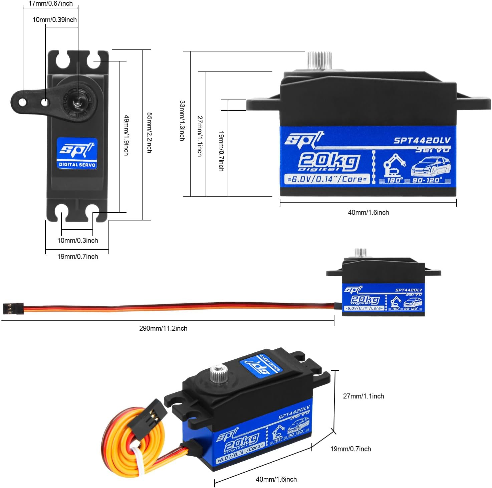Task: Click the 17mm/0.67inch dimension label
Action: click(x=50, y=4)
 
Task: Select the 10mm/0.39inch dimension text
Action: click(x=54, y=20)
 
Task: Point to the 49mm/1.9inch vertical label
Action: click(x=127, y=135)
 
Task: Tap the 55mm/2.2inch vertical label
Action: click(x=150, y=133)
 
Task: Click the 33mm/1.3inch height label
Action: click(x=182, y=121)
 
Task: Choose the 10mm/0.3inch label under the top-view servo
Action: click(x=77, y=240)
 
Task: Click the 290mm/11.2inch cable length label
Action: click(x=163, y=328)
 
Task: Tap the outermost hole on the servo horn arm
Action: click(x=22, y=102)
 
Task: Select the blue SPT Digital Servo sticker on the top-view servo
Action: click(x=77, y=153)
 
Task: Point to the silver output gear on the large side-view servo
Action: click(x=319, y=60)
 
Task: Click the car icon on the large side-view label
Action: click(x=431, y=166)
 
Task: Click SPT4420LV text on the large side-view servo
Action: click(x=422, y=140)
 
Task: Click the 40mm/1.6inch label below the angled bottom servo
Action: click(x=276, y=479)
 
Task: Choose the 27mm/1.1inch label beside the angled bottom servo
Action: click(x=363, y=396)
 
